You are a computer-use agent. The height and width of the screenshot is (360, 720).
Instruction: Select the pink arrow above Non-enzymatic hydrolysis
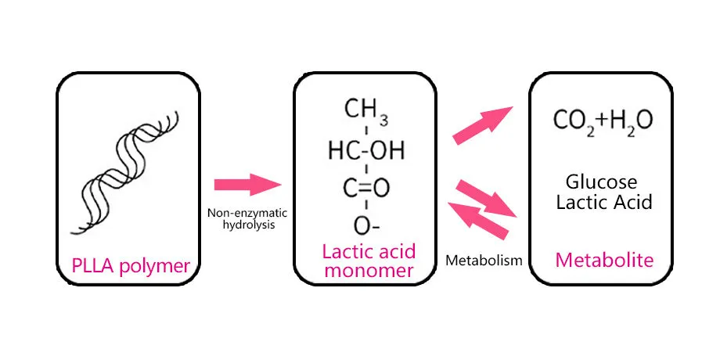pos(247,185)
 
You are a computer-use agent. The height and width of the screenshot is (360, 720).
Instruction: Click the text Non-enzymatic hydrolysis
pos(247,218)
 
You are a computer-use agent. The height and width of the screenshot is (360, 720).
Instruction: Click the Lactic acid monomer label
pos(368,261)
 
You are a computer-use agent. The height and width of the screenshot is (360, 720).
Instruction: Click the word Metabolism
pos(483,261)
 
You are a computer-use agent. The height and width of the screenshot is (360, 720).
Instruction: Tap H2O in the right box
pos(628,121)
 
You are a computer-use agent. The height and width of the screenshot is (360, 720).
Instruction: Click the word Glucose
pos(603,182)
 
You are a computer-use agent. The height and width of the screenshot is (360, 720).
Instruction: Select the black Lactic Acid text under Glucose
pos(603,203)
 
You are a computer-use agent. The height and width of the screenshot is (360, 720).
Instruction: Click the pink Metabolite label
pos(603,259)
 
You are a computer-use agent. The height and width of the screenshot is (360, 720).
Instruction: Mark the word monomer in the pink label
pos(368,272)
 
